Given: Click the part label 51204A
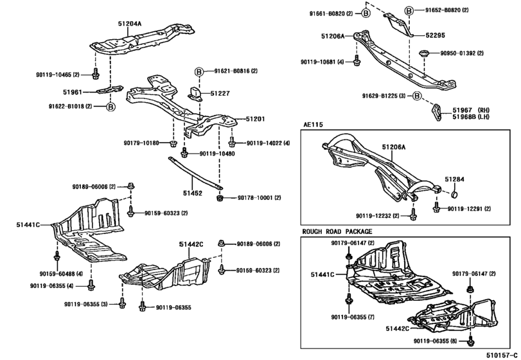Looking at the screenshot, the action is tap(130, 24).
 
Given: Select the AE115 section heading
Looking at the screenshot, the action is tap(313, 125).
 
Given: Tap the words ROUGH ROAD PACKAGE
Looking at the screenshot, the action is tap(337, 231).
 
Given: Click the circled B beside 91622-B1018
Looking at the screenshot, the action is tap(110, 107).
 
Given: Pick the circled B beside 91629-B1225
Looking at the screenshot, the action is tap(417, 96).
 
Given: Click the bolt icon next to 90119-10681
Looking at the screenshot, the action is tap(357, 60).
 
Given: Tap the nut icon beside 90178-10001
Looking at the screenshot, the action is tap(219, 198).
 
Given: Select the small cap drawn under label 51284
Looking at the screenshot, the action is tap(455, 194).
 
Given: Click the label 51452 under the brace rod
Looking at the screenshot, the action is tap(192, 193).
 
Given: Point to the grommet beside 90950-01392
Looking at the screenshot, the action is tap(424, 53).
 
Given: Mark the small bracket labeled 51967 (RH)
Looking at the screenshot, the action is tap(437, 113).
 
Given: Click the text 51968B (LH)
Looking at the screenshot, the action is tap(471, 116).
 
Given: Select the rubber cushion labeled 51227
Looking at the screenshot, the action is tap(195, 93).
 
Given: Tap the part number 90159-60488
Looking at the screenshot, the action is tap(57, 274).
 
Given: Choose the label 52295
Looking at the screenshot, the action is tap(435, 35).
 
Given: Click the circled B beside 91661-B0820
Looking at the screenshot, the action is tap(366, 14).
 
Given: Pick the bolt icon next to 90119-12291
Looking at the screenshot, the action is tap(437, 208).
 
